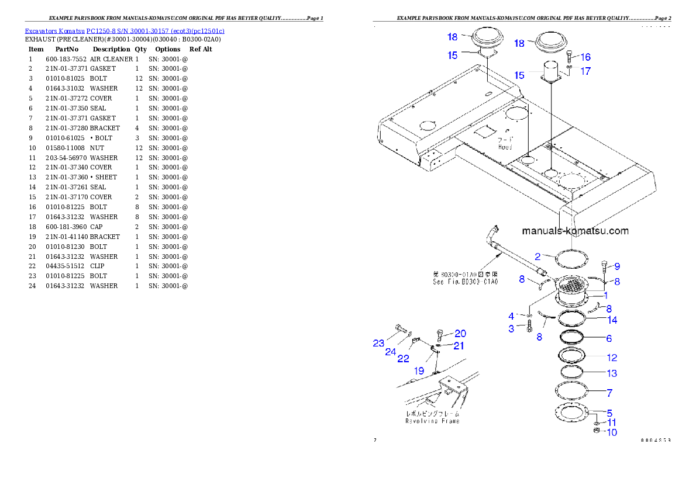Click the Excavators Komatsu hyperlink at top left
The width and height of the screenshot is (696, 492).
tap(124, 30)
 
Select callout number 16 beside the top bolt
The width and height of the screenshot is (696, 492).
tap(585, 57)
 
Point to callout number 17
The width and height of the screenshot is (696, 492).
tap(585, 71)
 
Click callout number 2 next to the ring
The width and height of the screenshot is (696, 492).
tap(542, 256)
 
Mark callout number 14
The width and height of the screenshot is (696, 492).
tap(612, 320)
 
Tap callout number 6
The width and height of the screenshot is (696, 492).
tap(609, 338)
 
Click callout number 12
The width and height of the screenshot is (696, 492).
tap(612, 358)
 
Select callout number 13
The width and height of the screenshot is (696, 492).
tap(612, 373)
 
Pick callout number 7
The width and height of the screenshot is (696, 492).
tap(609, 393)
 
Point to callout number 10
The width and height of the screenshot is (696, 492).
tap(612, 433)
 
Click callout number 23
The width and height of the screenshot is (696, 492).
tap(379, 344)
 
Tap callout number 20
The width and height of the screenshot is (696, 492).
tap(460, 334)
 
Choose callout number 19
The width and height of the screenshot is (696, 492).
tap(419, 370)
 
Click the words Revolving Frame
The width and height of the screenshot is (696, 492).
tap(432, 421)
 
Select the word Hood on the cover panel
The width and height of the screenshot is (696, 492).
tap(505, 147)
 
